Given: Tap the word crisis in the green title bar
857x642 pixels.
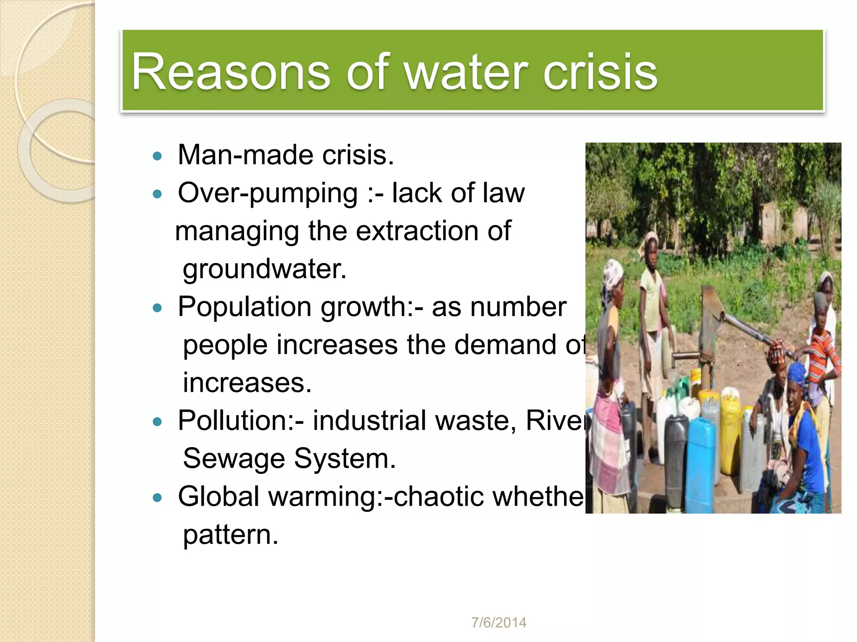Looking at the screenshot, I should pyautogui.click(x=600, y=72).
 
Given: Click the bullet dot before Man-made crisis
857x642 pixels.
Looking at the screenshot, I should pyautogui.click(x=157, y=156).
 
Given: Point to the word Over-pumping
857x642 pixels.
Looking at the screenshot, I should pyautogui.click(x=268, y=194).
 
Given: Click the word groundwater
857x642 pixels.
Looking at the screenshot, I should pyautogui.click(x=264, y=269).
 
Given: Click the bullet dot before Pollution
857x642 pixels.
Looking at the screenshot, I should pyautogui.click(x=157, y=422).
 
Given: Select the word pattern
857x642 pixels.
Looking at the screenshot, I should pyautogui.click(x=230, y=535).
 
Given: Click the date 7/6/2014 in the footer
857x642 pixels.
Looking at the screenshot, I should pyautogui.click(x=499, y=623).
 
